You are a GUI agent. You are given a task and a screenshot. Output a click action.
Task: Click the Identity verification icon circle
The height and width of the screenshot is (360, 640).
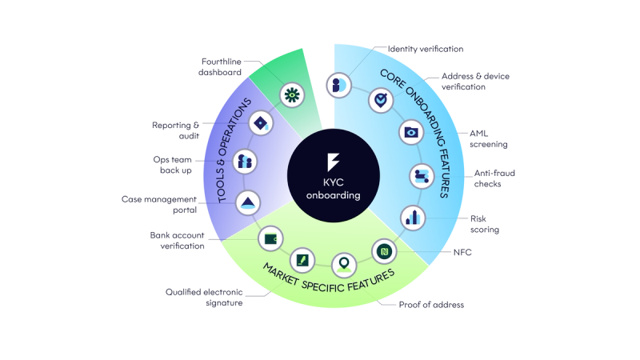[338, 86]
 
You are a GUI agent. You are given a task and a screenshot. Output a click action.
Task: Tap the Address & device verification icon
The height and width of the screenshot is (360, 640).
[381, 100]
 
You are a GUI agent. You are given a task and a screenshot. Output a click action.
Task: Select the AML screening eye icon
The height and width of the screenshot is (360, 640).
[411, 132]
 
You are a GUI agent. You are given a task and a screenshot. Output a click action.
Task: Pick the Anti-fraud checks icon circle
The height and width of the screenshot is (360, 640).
[422, 176]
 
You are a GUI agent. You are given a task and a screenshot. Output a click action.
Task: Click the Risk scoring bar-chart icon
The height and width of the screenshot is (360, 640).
[413, 218]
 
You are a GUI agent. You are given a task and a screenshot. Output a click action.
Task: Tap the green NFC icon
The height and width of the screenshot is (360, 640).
[384, 251]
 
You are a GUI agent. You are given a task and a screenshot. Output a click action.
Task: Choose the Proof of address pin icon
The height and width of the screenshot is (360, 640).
[344, 265]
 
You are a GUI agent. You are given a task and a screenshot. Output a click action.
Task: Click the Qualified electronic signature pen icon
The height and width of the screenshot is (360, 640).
[302, 260]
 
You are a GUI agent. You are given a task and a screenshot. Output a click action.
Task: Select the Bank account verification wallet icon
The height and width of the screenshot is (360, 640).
[270, 238]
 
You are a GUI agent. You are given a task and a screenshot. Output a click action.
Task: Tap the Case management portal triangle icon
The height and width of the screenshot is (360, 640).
[248, 203]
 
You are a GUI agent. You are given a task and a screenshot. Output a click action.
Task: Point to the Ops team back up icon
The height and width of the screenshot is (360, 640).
[245, 162]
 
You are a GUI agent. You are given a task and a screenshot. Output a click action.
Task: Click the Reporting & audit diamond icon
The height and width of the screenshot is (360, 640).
[261, 123]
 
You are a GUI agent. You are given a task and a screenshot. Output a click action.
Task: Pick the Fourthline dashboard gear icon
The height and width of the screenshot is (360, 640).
[292, 95]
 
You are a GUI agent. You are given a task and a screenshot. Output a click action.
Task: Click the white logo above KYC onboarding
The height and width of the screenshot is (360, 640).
[333, 162]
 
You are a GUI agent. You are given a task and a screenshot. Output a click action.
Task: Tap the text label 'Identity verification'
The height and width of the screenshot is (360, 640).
[426, 49]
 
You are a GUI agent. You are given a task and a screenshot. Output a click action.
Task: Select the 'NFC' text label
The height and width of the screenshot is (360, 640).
[462, 252]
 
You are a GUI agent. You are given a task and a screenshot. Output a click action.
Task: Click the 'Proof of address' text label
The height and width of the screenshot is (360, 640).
[431, 305]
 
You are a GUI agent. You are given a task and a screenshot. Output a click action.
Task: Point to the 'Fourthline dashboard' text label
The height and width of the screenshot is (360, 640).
[220, 67]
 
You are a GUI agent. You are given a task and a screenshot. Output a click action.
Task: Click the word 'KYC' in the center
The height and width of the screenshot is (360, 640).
[334, 182]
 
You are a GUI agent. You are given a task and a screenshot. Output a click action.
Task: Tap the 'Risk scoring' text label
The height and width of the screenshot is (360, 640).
[485, 224]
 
